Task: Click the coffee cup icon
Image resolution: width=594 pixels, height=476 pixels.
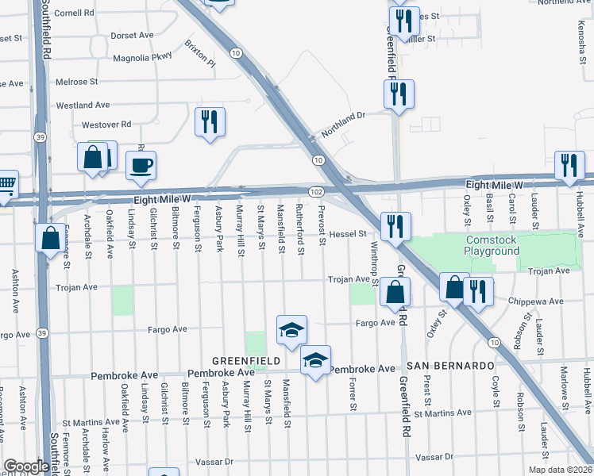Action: pos(141,165)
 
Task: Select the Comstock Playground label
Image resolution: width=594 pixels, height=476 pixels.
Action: pos(492,245)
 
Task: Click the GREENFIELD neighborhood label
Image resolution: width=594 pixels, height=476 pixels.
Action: pos(245,361)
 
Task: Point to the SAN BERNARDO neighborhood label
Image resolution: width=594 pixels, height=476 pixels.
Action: pos(450,366)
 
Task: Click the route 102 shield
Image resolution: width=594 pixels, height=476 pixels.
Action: pos(316,192)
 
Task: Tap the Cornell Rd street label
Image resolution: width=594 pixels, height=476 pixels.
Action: pos(75,13)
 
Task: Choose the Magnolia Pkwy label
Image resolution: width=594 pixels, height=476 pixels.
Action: pos(142,56)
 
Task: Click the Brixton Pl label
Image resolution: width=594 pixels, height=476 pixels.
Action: pos(199,52)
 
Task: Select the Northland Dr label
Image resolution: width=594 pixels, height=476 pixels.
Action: pos(342,116)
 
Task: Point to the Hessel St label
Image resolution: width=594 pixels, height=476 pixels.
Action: pos(348,234)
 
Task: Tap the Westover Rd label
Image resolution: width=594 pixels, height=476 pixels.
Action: pos(106,125)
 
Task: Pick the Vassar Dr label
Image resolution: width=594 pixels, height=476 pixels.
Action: pos(434,458)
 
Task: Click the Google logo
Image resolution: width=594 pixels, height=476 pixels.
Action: pos(25,466)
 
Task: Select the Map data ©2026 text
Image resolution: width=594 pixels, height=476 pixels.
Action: pos(559,470)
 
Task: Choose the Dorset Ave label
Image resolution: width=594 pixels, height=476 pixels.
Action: pos(133,36)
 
